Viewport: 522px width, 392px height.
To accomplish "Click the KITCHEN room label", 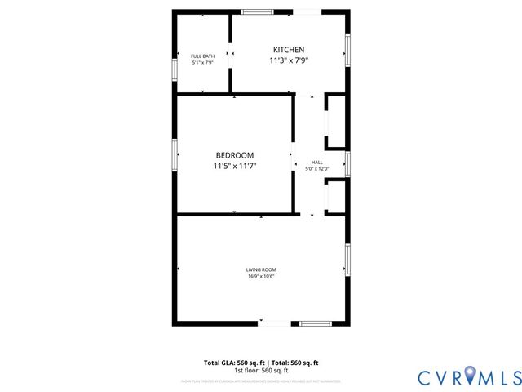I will point(289,50).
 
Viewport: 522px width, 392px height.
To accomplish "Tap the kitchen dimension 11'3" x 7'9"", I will point(289,60).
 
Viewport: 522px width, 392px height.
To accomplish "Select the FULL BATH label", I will point(202,56).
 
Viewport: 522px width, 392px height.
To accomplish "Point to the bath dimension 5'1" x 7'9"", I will point(202,63).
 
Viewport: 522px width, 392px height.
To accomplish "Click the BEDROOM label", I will point(235,155).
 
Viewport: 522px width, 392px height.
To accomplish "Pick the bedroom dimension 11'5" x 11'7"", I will point(235,167).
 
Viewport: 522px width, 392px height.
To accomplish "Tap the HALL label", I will point(316,162).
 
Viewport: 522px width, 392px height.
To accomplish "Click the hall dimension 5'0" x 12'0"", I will point(316,169).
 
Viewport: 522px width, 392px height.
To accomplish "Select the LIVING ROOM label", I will point(261,269).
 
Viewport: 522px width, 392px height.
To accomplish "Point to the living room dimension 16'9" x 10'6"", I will point(261,277).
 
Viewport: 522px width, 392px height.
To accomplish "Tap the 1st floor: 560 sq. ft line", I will point(261,370).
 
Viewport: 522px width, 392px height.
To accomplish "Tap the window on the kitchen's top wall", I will point(257,11).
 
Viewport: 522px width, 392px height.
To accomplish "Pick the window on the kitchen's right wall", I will point(347,50).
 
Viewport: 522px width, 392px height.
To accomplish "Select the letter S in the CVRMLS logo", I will point(515,377).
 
